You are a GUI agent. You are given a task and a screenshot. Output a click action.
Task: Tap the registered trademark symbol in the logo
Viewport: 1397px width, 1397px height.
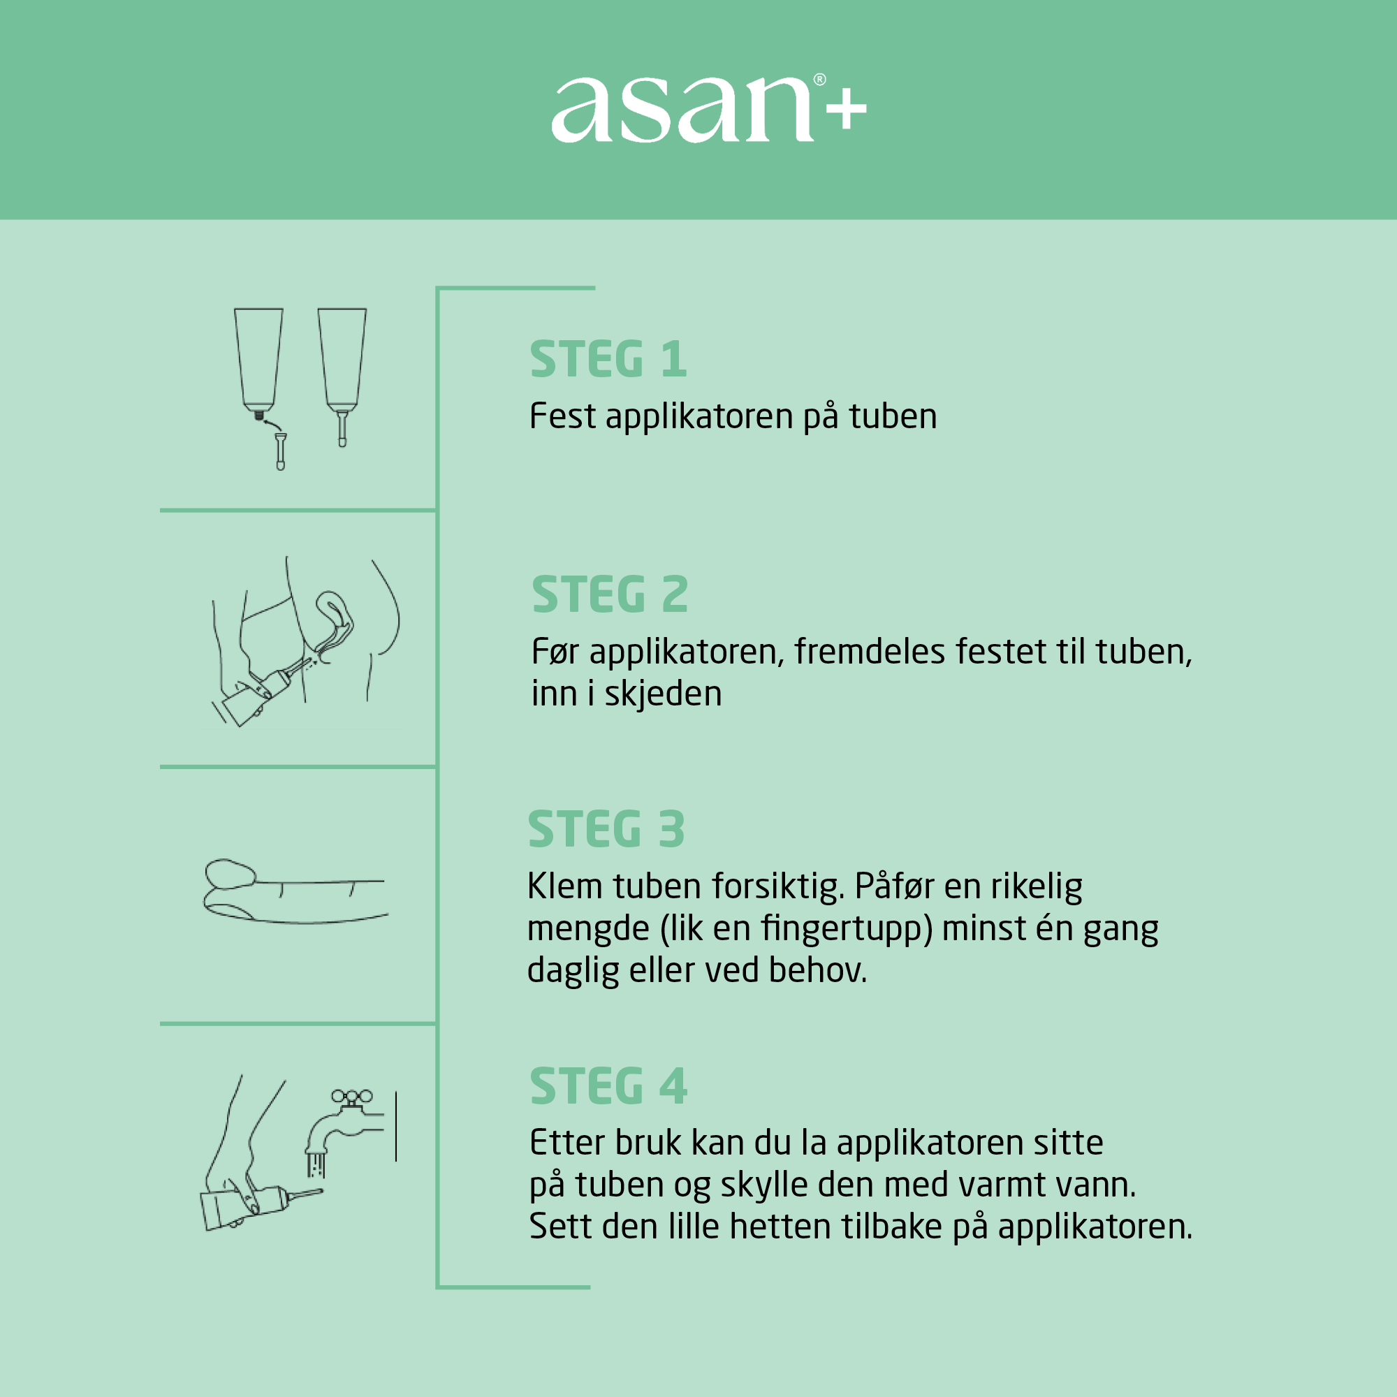click(x=819, y=80)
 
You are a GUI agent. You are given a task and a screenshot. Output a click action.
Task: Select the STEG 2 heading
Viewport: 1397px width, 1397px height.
click(x=610, y=594)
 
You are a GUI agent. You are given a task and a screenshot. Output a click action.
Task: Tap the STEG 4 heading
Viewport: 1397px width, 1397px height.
click(x=608, y=1086)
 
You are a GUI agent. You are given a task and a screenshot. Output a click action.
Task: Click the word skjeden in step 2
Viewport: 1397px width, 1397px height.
click(x=662, y=694)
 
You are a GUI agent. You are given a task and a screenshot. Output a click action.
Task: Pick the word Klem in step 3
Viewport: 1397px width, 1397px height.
click(x=564, y=886)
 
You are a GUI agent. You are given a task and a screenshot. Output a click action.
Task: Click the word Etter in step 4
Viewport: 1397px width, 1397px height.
click(x=566, y=1143)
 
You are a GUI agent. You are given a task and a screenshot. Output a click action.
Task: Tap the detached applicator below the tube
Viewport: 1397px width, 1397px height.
click(x=281, y=451)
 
